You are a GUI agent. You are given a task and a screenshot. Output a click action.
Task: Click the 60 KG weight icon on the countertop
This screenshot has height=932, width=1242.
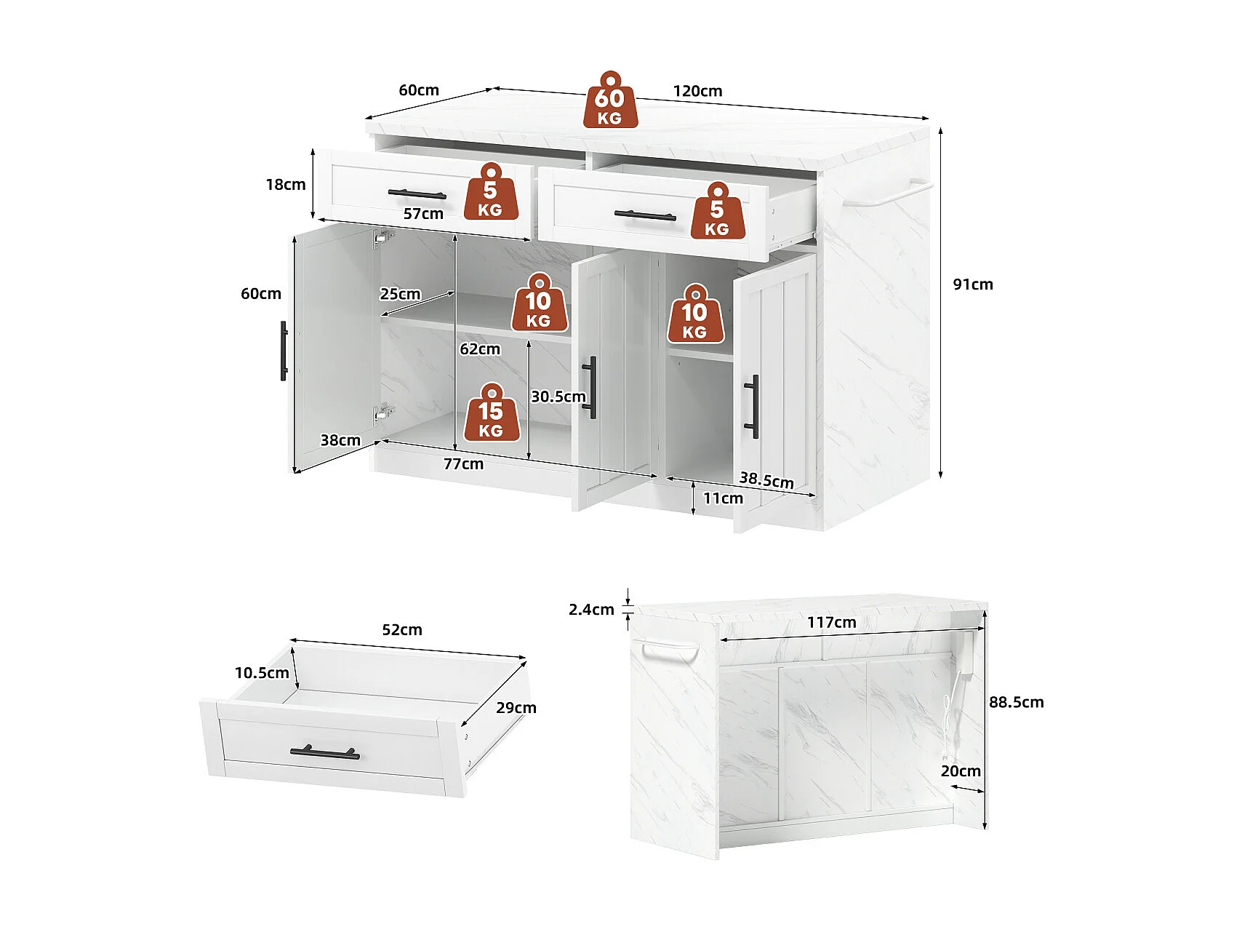(x=610, y=100)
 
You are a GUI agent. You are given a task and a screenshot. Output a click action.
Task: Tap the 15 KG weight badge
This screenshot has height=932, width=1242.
(x=491, y=413)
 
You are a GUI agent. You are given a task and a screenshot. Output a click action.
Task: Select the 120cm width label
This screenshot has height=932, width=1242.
(x=697, y=91)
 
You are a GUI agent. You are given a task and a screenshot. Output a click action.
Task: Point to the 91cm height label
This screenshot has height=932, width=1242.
(x=973, y=284)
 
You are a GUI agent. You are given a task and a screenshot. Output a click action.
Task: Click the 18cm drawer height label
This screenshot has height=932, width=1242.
(x=285, y=185)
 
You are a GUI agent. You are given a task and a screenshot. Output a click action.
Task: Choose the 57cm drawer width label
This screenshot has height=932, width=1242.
(x=423, y=214)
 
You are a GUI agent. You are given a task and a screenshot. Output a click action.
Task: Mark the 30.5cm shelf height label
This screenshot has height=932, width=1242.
(x=558, y=397)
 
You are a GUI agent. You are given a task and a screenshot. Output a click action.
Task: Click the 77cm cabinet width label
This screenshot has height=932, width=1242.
(x=463, y=464)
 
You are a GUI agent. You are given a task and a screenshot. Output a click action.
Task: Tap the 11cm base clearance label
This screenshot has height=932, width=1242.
(x=723, y=498)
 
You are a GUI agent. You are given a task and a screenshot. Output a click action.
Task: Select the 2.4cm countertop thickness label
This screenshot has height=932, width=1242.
(x=591, y=610)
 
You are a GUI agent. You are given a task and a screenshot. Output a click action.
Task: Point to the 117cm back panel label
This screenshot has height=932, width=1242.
(x=832, y=623)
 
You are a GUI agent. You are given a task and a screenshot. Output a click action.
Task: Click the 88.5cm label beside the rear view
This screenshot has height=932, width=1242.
(x=1016, y=702)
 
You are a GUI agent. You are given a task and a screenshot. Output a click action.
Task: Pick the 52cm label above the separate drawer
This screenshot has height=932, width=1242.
(x=402, y=630)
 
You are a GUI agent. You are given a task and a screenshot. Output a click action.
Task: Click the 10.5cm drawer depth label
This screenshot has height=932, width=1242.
(x=262, y=673)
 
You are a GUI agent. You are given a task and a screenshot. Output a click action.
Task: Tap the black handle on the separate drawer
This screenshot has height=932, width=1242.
(x=324, y=752)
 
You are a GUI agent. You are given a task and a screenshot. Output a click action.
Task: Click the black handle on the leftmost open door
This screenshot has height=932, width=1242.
(x=284, y=351)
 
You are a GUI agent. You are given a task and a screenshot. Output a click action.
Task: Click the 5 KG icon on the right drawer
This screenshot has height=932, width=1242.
(x=717, y=211)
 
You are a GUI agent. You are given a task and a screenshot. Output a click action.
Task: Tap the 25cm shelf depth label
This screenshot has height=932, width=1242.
(x=400, y=294)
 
